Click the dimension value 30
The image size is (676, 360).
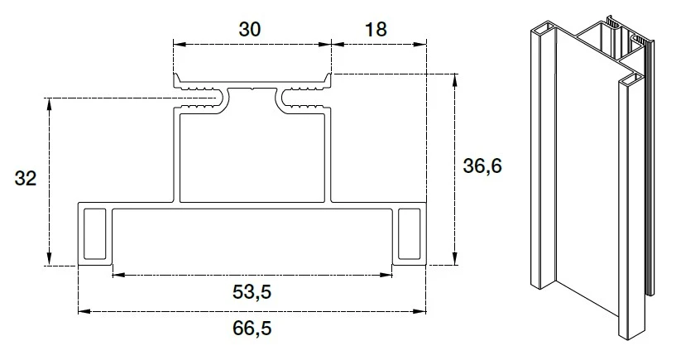(250, 29)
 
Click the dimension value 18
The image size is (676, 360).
(376, 29)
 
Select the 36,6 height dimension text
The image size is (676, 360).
(482, 166)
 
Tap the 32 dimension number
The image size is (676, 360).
(26, 178)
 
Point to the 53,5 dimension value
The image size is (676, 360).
(252, 292)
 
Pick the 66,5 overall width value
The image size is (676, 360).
(252, 328)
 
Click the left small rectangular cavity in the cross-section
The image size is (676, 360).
(94, 234)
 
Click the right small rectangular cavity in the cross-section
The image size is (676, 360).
(409, 234)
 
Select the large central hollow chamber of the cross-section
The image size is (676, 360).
(252, 158)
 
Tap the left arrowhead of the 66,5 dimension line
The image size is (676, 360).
(84, 311)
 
